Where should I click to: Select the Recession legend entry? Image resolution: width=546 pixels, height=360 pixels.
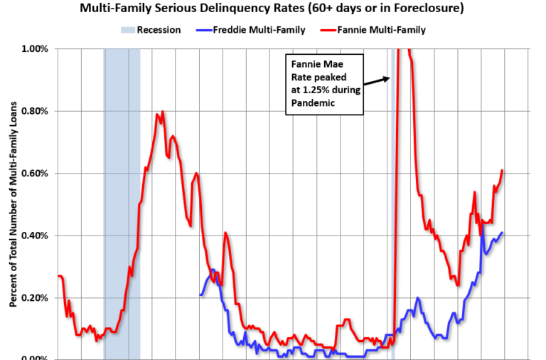tap(151, 30)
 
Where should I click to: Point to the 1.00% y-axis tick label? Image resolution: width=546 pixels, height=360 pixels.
tap(33, 49)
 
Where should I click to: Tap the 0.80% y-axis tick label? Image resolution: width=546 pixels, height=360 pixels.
tap(33, 111)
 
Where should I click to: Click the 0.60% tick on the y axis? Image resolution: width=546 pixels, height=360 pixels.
tap(33, 174)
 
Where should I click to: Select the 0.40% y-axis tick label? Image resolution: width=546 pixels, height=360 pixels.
tap(33, 235)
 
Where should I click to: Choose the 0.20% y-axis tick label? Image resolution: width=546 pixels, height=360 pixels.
tap(33, 298)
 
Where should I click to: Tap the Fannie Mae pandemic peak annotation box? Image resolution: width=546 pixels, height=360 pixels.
tap(323, 83)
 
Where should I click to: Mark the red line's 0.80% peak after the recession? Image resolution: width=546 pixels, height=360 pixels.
tap(163, 112)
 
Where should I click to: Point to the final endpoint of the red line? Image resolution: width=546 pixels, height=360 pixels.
tap(503, 170)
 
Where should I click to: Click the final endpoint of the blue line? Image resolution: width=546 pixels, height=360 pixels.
tap(503, 233)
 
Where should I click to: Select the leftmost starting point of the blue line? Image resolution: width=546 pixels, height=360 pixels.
tap(200, 295)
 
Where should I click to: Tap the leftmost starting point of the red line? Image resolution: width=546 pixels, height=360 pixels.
tap(58, 276)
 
